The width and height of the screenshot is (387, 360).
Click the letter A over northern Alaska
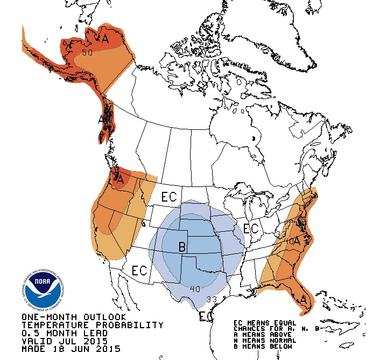point(105,39)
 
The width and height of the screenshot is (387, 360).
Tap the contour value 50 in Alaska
point(88,52)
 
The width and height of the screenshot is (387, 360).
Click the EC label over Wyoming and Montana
point(168,197)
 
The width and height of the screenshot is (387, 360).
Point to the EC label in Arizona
point(139,270)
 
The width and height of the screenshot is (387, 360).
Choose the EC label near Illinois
point(251,228)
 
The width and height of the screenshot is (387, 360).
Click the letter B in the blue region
point(182,248)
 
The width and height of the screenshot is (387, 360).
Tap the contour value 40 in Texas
point(195,289)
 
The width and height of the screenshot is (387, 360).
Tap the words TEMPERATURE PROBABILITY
point(92,325)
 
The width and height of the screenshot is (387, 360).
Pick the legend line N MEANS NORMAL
point(261,341)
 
